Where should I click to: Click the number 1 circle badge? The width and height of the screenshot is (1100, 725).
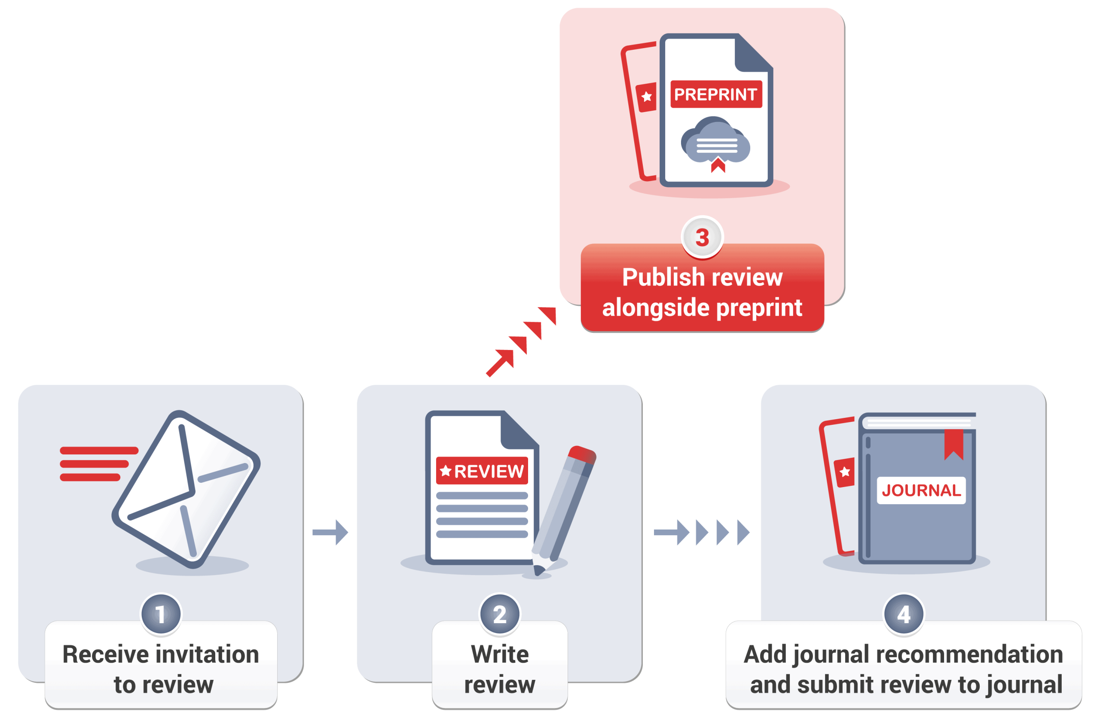(x=161, y=615)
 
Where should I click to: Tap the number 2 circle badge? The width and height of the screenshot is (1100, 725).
(x=500, y=615)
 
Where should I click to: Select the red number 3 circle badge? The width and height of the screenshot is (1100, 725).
(x=702, y=237)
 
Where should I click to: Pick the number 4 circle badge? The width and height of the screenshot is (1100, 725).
(x=903, y=615)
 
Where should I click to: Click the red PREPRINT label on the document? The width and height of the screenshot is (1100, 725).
(x=715, y=94)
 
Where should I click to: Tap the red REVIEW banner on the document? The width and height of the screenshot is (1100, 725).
(x=482, y=471)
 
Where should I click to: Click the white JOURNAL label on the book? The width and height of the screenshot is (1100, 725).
(x=920, y=490)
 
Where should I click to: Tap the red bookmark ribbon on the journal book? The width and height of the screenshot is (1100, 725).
(x=953, y=443)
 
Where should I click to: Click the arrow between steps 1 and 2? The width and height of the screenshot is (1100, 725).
(x=330, y=532)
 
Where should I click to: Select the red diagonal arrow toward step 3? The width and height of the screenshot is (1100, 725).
(x=520, y=342)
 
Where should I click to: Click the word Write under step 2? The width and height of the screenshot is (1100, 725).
(x=500, y=654)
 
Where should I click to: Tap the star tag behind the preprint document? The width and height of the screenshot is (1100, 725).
(x=646, y=97)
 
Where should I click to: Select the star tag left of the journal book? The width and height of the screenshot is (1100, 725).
(x=844, y=472)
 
